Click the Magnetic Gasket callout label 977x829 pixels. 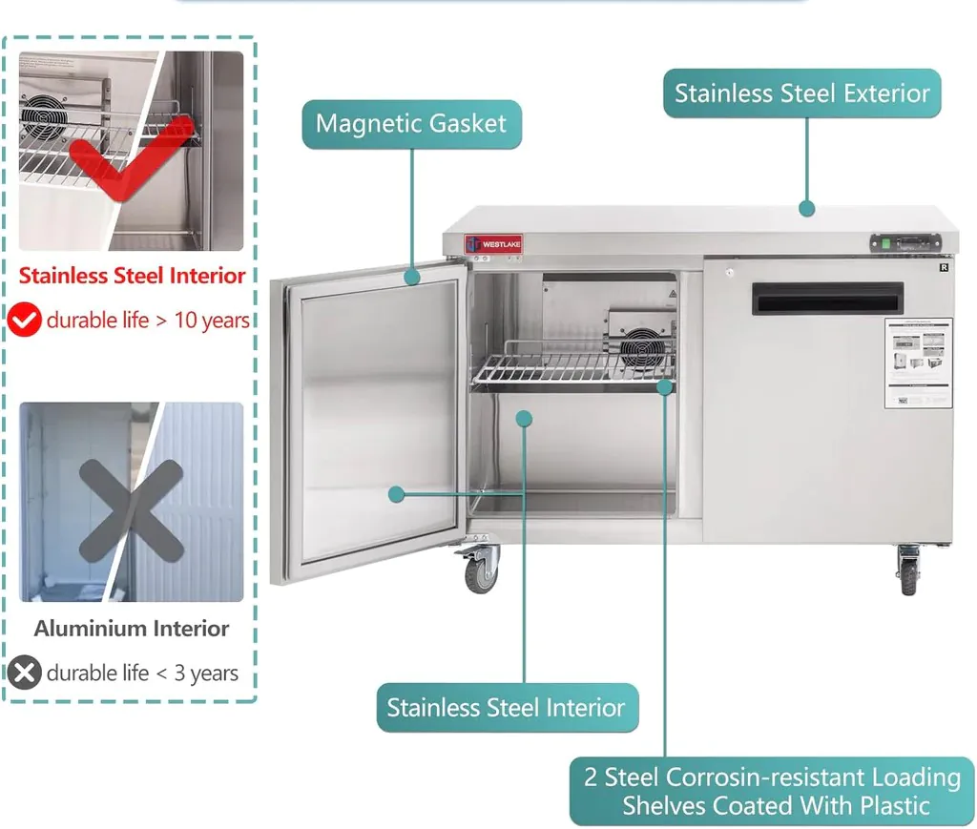(411, 124)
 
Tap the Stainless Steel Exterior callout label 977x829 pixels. (801, 93)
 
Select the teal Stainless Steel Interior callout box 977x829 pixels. (507, 708)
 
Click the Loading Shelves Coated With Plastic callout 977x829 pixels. (772, 791)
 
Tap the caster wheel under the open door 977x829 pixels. (481, 572)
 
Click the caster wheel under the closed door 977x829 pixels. (908, 571)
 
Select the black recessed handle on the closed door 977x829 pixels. (826, 299)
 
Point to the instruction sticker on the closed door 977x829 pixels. (918, 363)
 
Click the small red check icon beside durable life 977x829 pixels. (25, 321)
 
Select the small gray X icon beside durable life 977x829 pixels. (25, 674)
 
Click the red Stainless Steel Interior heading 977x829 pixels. (132, 276)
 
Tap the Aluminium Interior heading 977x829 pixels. (132, 629)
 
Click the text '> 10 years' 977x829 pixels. (203, 321)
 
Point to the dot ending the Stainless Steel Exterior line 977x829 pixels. (806, 208)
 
